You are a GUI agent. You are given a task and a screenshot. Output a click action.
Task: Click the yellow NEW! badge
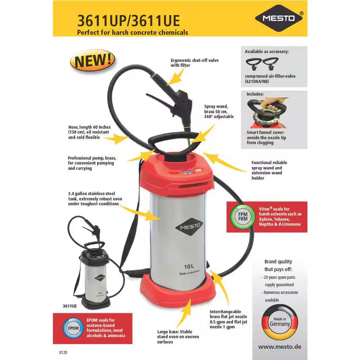coord(92,60)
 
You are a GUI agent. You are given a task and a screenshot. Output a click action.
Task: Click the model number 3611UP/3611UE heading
coord(129,21)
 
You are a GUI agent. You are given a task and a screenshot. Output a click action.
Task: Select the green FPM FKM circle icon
coord(240,217)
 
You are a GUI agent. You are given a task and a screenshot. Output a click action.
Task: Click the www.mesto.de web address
coord(279,347)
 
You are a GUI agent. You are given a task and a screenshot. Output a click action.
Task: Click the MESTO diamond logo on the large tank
coord(189,227)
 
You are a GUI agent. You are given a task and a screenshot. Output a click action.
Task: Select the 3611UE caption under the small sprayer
coord(69,306)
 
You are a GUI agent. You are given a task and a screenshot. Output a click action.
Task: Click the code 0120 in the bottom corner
coord(63,353)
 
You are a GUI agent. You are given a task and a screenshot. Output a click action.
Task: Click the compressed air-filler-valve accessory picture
coord(262,64)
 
